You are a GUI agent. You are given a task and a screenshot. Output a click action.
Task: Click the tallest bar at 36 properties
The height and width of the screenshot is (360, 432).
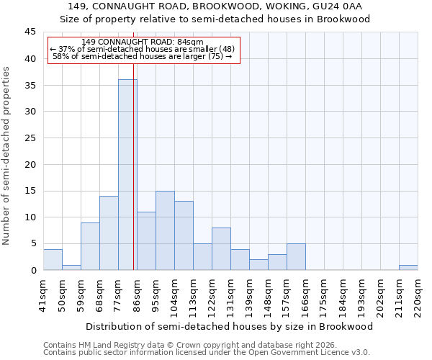click(127, 175)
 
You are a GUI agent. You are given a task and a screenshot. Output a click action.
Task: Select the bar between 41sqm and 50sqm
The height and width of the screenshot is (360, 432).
click(53, 260)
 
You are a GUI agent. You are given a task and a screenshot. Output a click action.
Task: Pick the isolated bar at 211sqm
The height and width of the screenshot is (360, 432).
click(408, 267)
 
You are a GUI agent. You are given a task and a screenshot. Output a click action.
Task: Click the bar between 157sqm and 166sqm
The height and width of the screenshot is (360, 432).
click(296, 257)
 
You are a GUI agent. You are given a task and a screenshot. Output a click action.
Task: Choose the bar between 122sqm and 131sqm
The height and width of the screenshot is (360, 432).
click(221, 249)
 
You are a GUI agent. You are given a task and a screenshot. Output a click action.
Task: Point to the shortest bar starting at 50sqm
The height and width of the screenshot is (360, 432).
click(71, 267)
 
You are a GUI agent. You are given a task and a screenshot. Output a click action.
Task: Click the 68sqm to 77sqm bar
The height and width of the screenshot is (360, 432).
click(109, 233)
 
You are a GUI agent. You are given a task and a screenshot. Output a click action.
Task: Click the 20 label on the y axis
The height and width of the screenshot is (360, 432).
click(31, 164)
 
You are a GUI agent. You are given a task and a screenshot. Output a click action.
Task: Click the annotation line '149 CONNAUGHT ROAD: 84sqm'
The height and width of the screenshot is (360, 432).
click(143, 42)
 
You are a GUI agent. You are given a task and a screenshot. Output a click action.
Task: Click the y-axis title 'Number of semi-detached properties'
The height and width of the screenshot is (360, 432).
click(6, 156)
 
